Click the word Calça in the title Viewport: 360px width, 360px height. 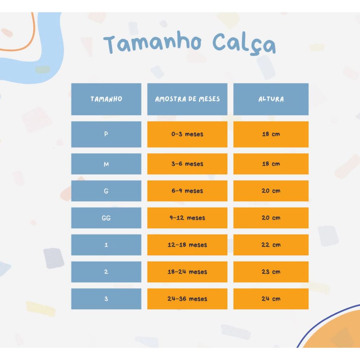point(244,44)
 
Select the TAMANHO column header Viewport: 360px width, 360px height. point(106,99)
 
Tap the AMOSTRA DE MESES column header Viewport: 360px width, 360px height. point(187,99)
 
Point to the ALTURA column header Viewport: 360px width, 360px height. point(271,99)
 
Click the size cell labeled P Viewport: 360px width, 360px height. point(106,134)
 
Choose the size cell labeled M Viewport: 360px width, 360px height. point(106,164)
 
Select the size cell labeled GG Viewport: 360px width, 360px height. point(106,218)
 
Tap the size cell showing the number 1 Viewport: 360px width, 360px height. point(106,245)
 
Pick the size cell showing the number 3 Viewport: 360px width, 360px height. point(106,299)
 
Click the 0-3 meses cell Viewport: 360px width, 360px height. point(187,134)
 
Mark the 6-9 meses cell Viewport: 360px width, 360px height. point(187,191)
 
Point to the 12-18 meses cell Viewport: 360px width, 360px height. point(187,245)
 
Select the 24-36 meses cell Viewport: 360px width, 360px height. point(187,299)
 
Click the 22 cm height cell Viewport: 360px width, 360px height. point(271,245)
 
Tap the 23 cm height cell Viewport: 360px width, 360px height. point(271,272)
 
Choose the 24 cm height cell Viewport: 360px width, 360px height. point(271,299)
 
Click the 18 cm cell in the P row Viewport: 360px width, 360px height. point(271,134)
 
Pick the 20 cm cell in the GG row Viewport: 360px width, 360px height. point(271,218)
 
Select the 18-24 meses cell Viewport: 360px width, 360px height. point(187,272)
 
